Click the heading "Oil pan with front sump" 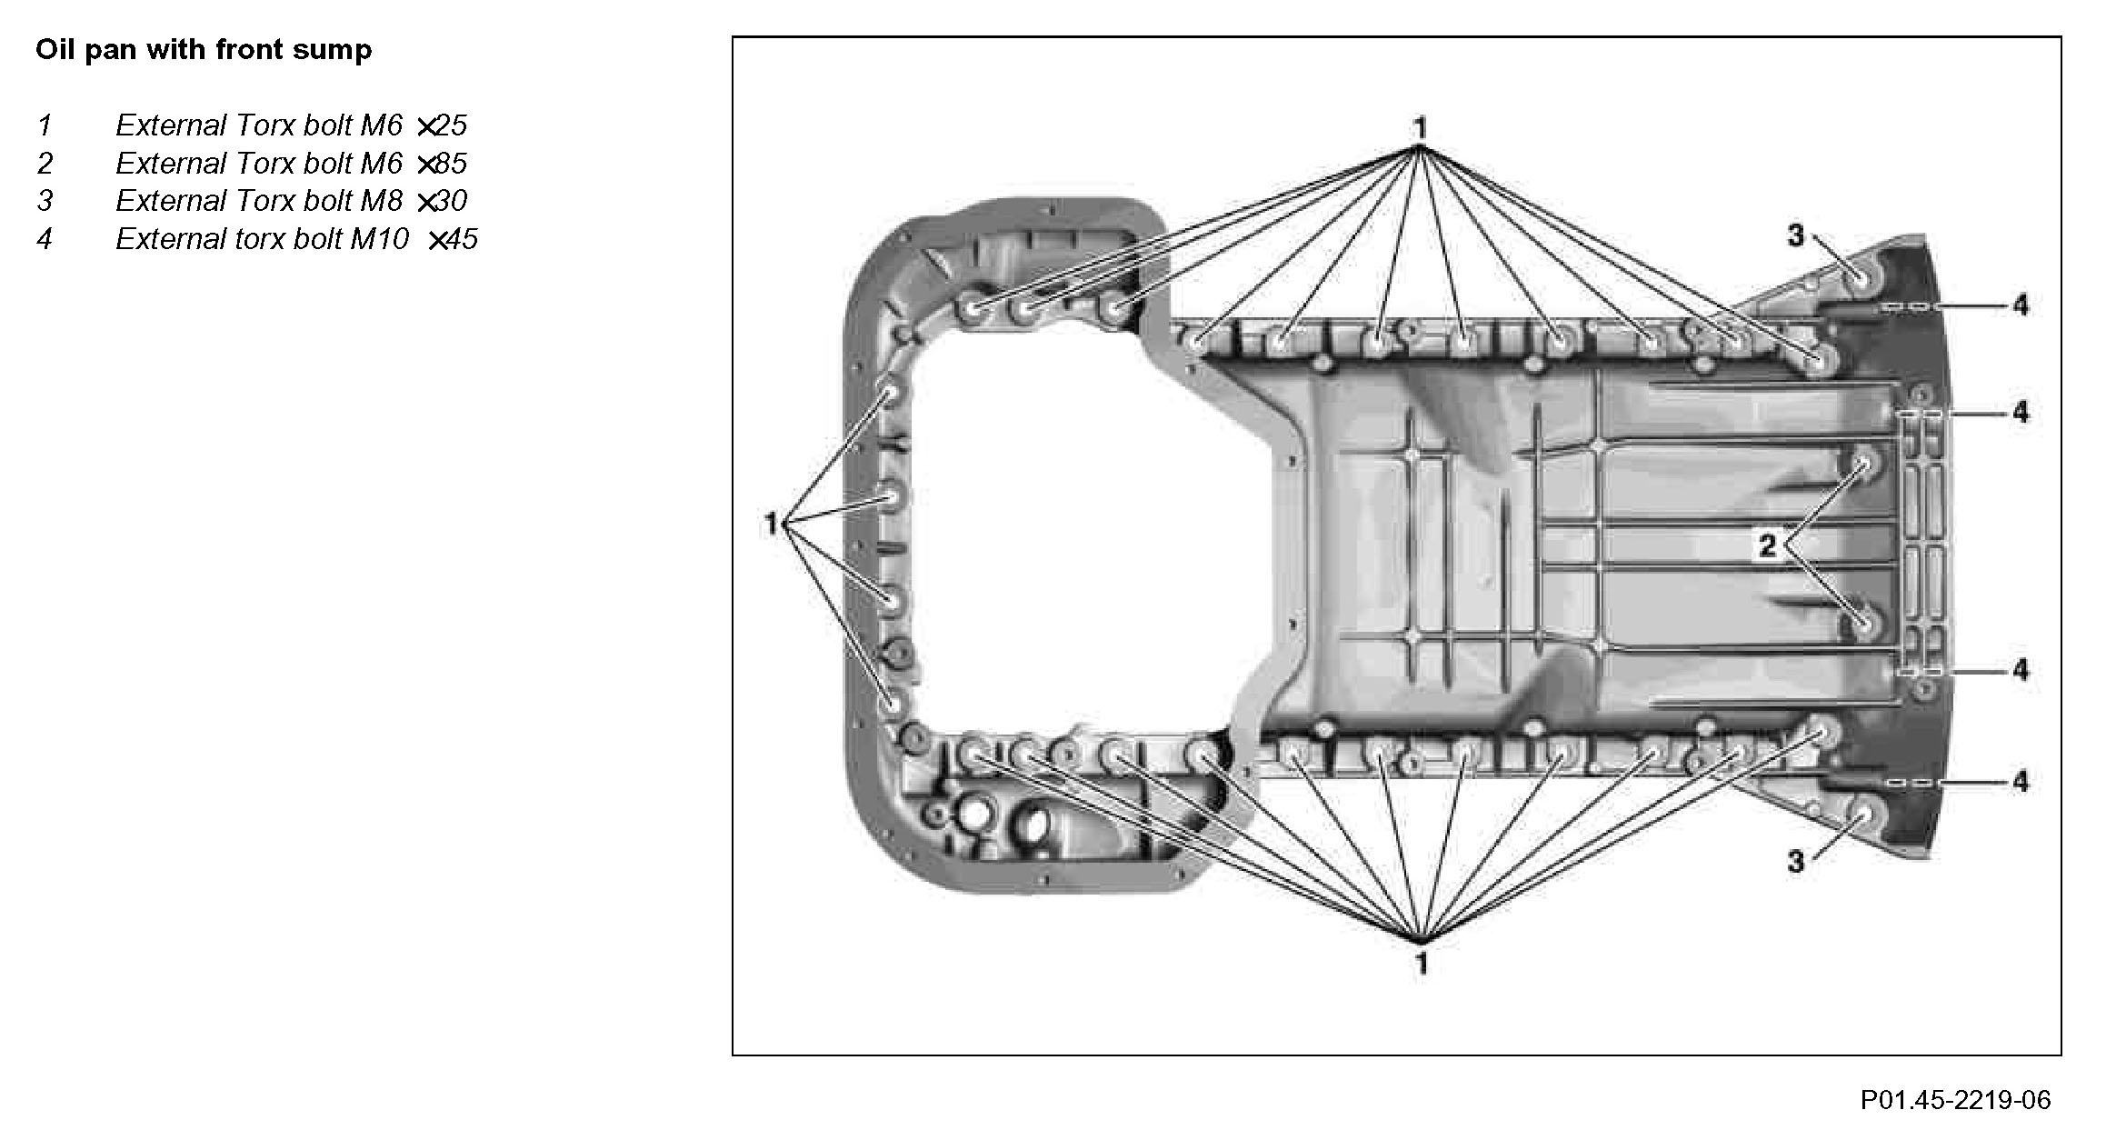[204, 50]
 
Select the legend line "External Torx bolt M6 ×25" [291, 125]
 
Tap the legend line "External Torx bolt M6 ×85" [291, 164]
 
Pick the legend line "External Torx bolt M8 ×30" [291, 201]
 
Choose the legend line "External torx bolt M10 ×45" [296, 239]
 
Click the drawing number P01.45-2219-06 [1955, 1100]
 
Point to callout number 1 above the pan [1420, 129]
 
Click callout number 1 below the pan [1422, 962]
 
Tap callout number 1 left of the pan [772, 524]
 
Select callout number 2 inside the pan [1767, 545]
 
